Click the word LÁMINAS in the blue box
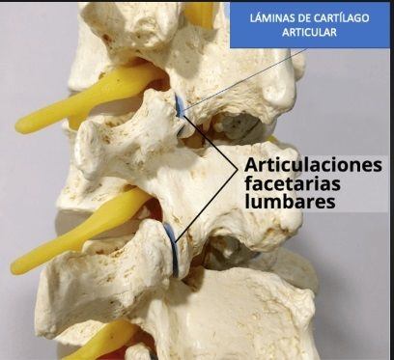(x=268, y=17)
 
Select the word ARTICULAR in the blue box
(x=309, y=32)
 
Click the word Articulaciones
(x=313, y=165)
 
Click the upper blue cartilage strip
(x=180, y=106)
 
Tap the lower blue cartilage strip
(x=173, y=249)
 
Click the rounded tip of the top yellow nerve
(x=23, y=125)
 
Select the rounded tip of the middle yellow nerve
(x=18, y=267)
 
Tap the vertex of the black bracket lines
(x=237, y=169)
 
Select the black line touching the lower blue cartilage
(x=207, y=205)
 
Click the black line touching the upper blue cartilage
(x=210, y=143)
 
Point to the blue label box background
(x=310, y=25)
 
